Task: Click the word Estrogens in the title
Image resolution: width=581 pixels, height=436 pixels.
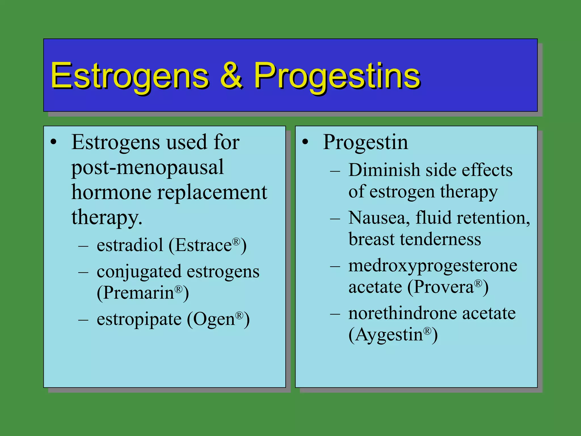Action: pyautogui.click(x=130, y=76)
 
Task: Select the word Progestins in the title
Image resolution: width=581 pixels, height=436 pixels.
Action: pyautogui.click(x=337, y=76)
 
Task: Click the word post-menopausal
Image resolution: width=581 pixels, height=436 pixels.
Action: pyautogui.click(x=147, y=167)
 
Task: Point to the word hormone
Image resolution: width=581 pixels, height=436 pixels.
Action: pyautogui.click(x=111, y=192)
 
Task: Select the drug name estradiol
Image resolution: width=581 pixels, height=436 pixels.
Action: pyautogui.click(x=130, y=245)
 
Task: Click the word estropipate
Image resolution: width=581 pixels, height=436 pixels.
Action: pyautogui.click(x=139, y=319)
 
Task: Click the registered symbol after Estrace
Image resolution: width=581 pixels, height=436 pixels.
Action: pyautogui.click(x=236, y=241)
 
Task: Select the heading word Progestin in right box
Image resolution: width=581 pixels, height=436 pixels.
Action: pyautogui.click(x=365, y=142)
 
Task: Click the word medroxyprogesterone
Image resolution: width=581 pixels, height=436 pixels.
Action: pyautogui.click(x=433, y=266)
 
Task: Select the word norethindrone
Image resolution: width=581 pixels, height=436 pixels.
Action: pyautogui.click(x=403, y=313)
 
